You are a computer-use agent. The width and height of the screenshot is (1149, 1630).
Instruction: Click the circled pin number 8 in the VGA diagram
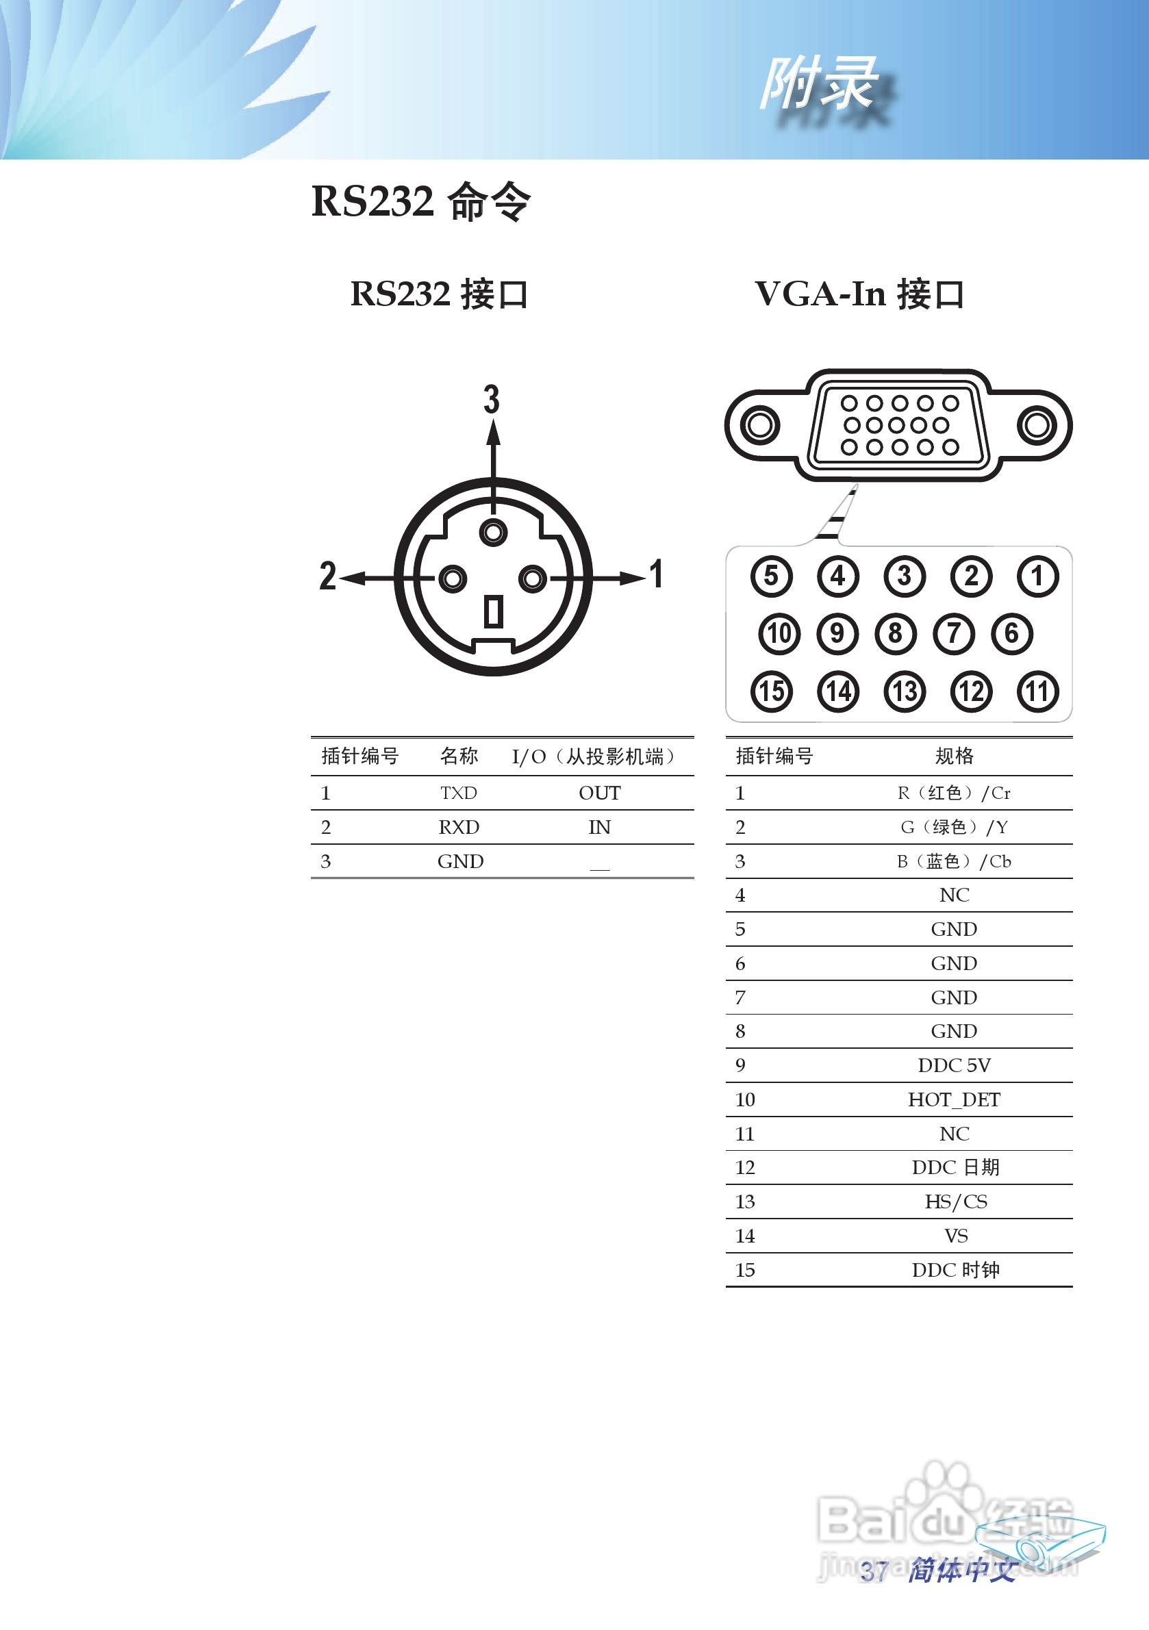[x=896, y=633]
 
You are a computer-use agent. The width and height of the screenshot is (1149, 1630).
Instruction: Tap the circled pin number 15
[x=771, y=691]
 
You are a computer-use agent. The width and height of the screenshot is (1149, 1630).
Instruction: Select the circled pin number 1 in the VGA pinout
[x=1037, y=576]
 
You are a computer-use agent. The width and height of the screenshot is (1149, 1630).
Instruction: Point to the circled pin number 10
[x=779, y=633]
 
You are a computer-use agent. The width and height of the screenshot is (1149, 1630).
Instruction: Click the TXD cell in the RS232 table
[x=459, y=792]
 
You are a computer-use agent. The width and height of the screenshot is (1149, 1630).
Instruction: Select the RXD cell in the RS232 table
[x=459, y=827]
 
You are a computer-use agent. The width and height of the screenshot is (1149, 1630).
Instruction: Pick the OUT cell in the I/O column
[x=599, y=792]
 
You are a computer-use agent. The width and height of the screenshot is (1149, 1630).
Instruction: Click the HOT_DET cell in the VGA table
[x=954, y=1099]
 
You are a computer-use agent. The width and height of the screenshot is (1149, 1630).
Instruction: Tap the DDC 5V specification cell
[x=954, y=1065]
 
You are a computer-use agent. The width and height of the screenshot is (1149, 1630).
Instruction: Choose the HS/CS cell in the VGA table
[x=955, y=1201]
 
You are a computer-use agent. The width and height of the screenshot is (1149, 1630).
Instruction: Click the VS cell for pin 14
[x=956, y=1236]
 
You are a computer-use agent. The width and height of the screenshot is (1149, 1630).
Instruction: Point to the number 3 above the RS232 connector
[x=492, y=399]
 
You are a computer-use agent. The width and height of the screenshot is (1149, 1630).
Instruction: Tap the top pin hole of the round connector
[x=494, y=532]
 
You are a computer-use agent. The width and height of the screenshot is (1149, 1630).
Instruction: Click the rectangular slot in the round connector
[x=494, y=612]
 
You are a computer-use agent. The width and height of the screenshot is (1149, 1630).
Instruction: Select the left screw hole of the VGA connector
[x=760, y=425]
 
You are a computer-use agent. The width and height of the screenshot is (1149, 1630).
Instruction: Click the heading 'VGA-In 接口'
[x=859, y=294]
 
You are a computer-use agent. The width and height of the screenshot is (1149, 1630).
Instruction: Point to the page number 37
[x=874, y=1571]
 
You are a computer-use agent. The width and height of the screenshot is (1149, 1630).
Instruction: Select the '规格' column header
[x=954, y=756]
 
